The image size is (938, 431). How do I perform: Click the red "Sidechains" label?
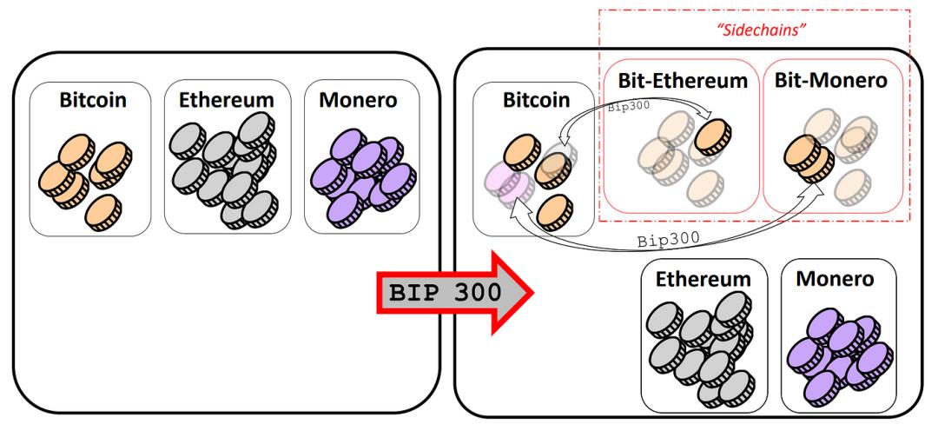(x=759, y=30)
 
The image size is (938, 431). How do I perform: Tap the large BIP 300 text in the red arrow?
(x=445, y=292)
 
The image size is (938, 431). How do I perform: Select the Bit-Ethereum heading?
(x=683, y=80)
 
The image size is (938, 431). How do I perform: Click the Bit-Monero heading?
(x=831, y=80)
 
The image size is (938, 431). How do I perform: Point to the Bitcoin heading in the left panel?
(x=93, y=99)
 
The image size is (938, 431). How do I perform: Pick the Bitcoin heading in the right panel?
(x=537, y=99)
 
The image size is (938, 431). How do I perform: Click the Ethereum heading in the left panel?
(x=226, y=99)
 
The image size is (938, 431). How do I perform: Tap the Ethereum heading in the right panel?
(x=703, y=279)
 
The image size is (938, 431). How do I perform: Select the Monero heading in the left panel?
(x=358, y=99)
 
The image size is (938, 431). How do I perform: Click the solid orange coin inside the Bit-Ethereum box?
(x=713, y=137)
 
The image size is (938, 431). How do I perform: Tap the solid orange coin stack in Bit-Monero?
(x=809, y=158)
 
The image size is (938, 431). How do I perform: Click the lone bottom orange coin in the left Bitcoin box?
(x=102, y=213)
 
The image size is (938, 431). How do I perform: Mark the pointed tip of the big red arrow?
(x=532, y=292)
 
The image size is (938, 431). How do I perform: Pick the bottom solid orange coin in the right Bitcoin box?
(x=554, y=213)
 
